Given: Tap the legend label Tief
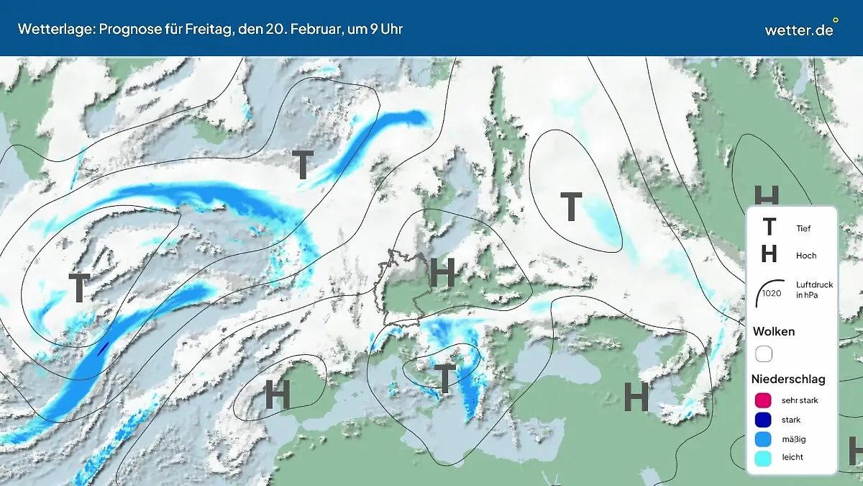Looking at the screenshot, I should (803, 228).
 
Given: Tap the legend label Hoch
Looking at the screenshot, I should (806, 256).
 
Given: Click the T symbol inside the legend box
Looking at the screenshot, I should (769, 228).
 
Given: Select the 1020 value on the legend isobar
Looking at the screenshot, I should (772, 293).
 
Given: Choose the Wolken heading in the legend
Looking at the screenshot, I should (774, 331).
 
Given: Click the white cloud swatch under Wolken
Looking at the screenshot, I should (764, 354).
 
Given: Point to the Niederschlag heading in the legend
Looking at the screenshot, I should (788, 379).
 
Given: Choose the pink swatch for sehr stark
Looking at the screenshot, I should (764, 400).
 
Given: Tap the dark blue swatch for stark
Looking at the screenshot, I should (764, 420).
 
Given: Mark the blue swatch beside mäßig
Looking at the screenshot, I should (764, 438).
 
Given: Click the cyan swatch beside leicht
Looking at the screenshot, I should (764, 457).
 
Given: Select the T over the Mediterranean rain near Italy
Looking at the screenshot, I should (446, 378).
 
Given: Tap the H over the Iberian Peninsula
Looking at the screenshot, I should (277, 395).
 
